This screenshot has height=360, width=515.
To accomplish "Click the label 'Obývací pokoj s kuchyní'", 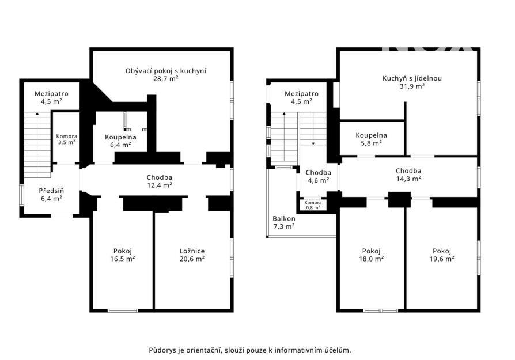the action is pos(166,71).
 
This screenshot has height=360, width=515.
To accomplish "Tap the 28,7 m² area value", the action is pos(166,78).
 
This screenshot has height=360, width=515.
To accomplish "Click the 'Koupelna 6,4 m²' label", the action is pos(120,141).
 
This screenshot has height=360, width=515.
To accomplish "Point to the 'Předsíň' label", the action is pos(51,191).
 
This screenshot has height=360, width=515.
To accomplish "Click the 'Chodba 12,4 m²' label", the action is pos(160,181).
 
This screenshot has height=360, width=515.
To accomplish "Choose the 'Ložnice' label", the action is pos(192,251).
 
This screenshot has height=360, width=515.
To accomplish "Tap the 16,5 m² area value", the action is pos(123,259).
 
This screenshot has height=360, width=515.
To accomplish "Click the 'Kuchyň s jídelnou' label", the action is pos(412,78).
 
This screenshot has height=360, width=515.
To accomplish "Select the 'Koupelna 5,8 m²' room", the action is pos(371,139).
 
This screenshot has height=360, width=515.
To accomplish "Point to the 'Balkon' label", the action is pos(284,218).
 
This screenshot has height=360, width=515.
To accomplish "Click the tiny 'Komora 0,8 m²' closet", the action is pos(313,205).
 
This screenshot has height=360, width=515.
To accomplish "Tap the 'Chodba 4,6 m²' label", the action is pos(318,176).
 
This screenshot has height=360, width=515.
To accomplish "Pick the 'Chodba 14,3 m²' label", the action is pos(408,175).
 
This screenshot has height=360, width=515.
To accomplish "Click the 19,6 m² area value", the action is pos(442,259).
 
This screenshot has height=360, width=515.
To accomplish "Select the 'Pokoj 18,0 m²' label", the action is pos(371,255).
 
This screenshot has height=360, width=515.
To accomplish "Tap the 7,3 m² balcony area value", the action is pos(284,226).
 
